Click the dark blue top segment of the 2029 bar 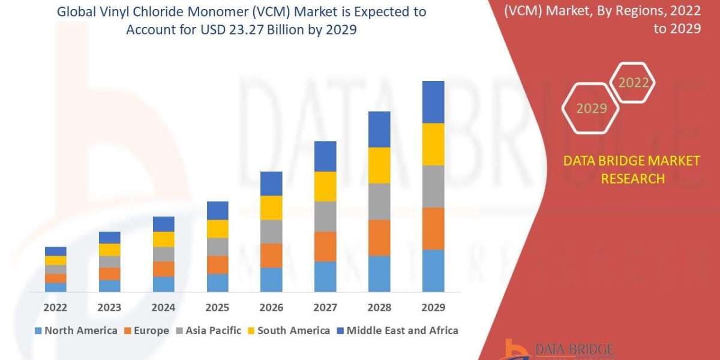[x=433, y=102]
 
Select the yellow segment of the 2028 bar [x=379, y=165]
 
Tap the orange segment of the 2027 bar [x=325, y=246]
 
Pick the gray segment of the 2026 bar [x=271, y=231]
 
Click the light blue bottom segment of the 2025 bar [x=217, y=283]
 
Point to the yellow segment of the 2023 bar [x=109, y=250]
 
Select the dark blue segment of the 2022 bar [x=56, y=251]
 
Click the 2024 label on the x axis [x=163, y=308]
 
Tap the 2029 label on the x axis [x=433, y=308]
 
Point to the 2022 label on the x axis [x=56, y=308]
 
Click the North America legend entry [x=76, y=331]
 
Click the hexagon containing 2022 [x=633, y=83]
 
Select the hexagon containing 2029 [x=591, y=109]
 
